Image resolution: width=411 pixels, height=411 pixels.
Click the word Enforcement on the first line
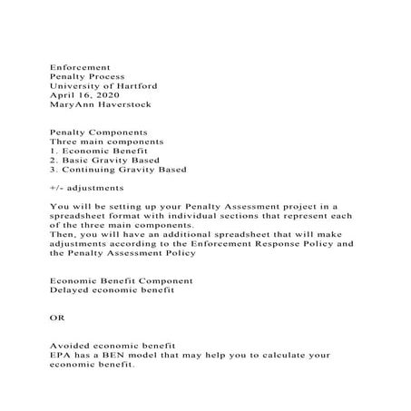(x=80, y=67)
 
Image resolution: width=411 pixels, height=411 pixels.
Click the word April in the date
(x=64, y=94)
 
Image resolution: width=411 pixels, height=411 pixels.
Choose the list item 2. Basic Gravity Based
(x=105, y=160)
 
